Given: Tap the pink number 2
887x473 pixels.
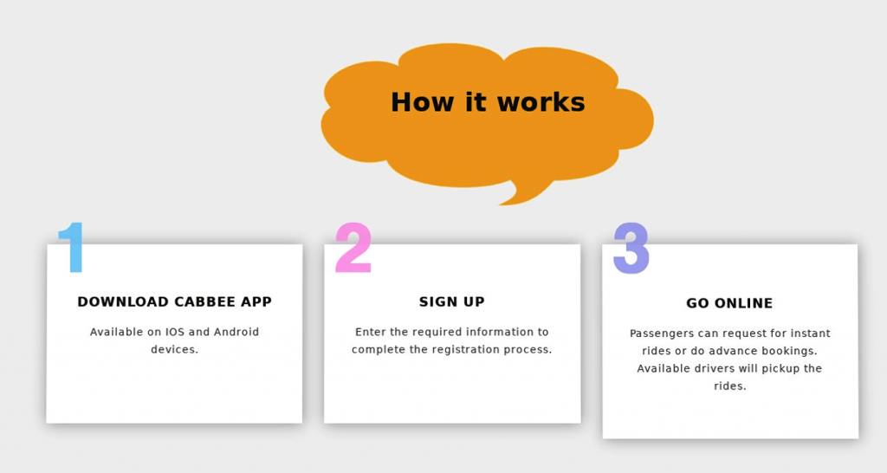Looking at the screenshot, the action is click(x=353, y=247).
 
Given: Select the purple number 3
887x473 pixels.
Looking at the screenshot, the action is click(x=631, y=249).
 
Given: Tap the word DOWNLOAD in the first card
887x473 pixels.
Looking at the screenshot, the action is click(x=123, y=301).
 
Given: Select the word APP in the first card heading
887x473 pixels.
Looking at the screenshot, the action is click(x=256, y=301).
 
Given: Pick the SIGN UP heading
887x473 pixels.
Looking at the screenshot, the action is click(x=452, y=301).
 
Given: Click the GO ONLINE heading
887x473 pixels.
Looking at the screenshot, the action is click(x=729, y=303).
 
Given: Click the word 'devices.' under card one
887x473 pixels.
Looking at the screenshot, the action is click(x=174, y=350).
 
